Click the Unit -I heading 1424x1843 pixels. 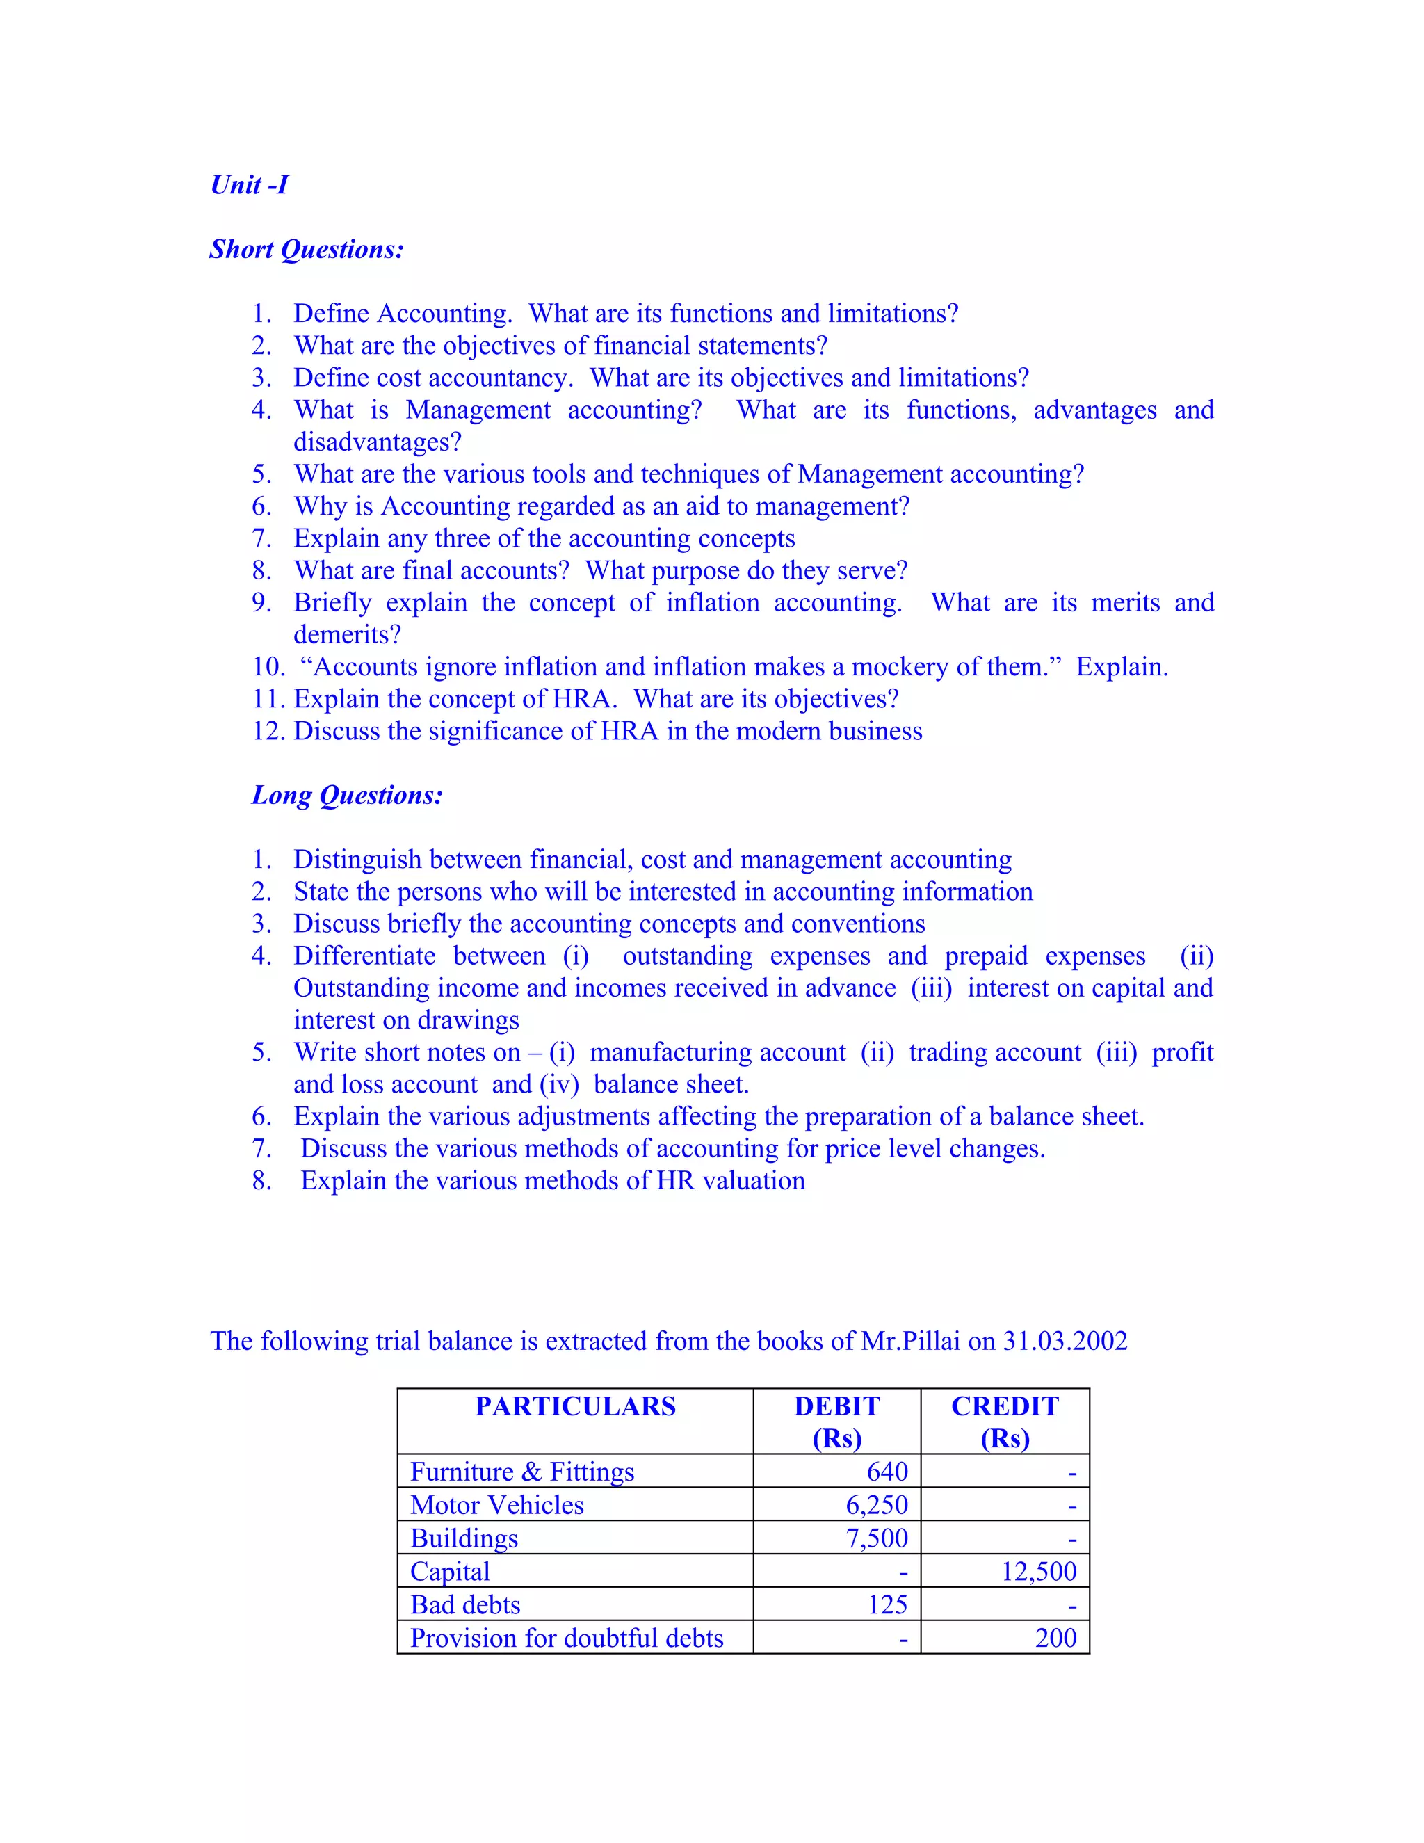point(249,185)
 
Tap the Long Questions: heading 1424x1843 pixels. point(347,795)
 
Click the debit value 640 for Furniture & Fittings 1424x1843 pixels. point(887,1472)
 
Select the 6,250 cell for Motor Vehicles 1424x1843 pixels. point(877,1504)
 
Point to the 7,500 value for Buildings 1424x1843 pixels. point(877,1538)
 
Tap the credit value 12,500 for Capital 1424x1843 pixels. point(1039,1571)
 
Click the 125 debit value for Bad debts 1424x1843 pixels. point(887,1604)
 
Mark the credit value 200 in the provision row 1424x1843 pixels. point(1055,1638)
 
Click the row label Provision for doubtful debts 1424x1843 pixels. point(566,1638)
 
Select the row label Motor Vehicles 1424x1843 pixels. point(497,1504)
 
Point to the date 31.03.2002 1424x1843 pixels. point(1065,1341)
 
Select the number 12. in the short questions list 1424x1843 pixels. point(269,731)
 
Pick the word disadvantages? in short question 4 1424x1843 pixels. point(377,442)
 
